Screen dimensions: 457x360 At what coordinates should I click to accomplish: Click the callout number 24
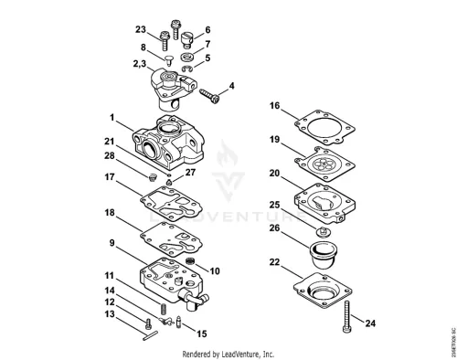pos(370,323)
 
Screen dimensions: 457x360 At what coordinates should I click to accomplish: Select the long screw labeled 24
pos(346,316)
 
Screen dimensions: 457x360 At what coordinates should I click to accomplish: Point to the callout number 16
pos(274,106)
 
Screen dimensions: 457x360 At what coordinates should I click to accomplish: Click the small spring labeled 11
pos(164,309)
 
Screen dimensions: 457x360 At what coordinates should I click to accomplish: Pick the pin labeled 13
pos(150,335)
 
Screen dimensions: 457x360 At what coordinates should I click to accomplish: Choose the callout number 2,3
pos(140,64)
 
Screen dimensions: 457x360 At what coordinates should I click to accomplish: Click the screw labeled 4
pos(209,95)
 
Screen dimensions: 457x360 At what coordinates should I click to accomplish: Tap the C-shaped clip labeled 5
pos(187,69)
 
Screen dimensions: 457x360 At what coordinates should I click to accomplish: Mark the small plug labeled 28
pos(152,178)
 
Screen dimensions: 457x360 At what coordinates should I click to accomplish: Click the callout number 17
pos(110,177)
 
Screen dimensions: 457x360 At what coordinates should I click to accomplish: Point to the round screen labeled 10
pos(190,260)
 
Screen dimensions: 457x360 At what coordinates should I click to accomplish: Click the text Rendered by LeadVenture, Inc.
pos(228,355)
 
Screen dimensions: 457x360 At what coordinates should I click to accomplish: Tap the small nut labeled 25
pos(324,233)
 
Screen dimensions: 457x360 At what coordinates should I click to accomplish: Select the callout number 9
pos(112,243)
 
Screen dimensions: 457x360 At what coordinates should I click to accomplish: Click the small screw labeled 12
pos(148,323)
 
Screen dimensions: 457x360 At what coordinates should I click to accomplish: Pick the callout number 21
pos(109,142)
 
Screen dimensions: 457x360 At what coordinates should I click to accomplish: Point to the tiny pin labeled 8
pos(169,59)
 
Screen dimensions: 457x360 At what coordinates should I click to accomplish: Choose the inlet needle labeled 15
pos(178,322)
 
